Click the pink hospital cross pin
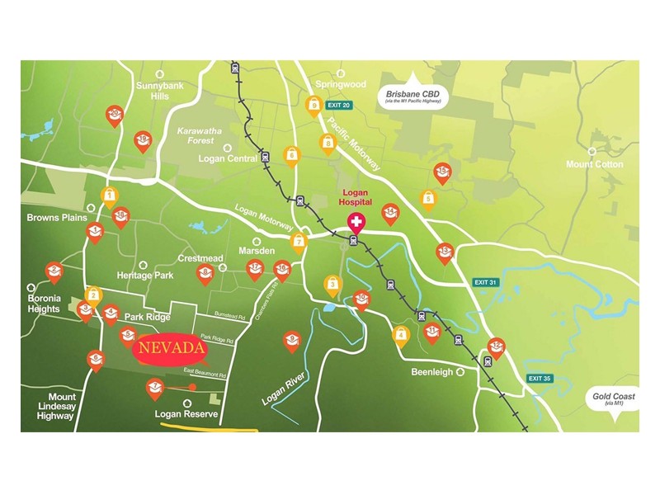[356, 224]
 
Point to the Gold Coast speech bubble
[614, 399]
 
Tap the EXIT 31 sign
[486, 282]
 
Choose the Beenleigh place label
[432, 372]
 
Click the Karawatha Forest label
[200, 135]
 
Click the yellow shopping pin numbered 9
[313, 105]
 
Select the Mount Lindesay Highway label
[55, 407]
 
